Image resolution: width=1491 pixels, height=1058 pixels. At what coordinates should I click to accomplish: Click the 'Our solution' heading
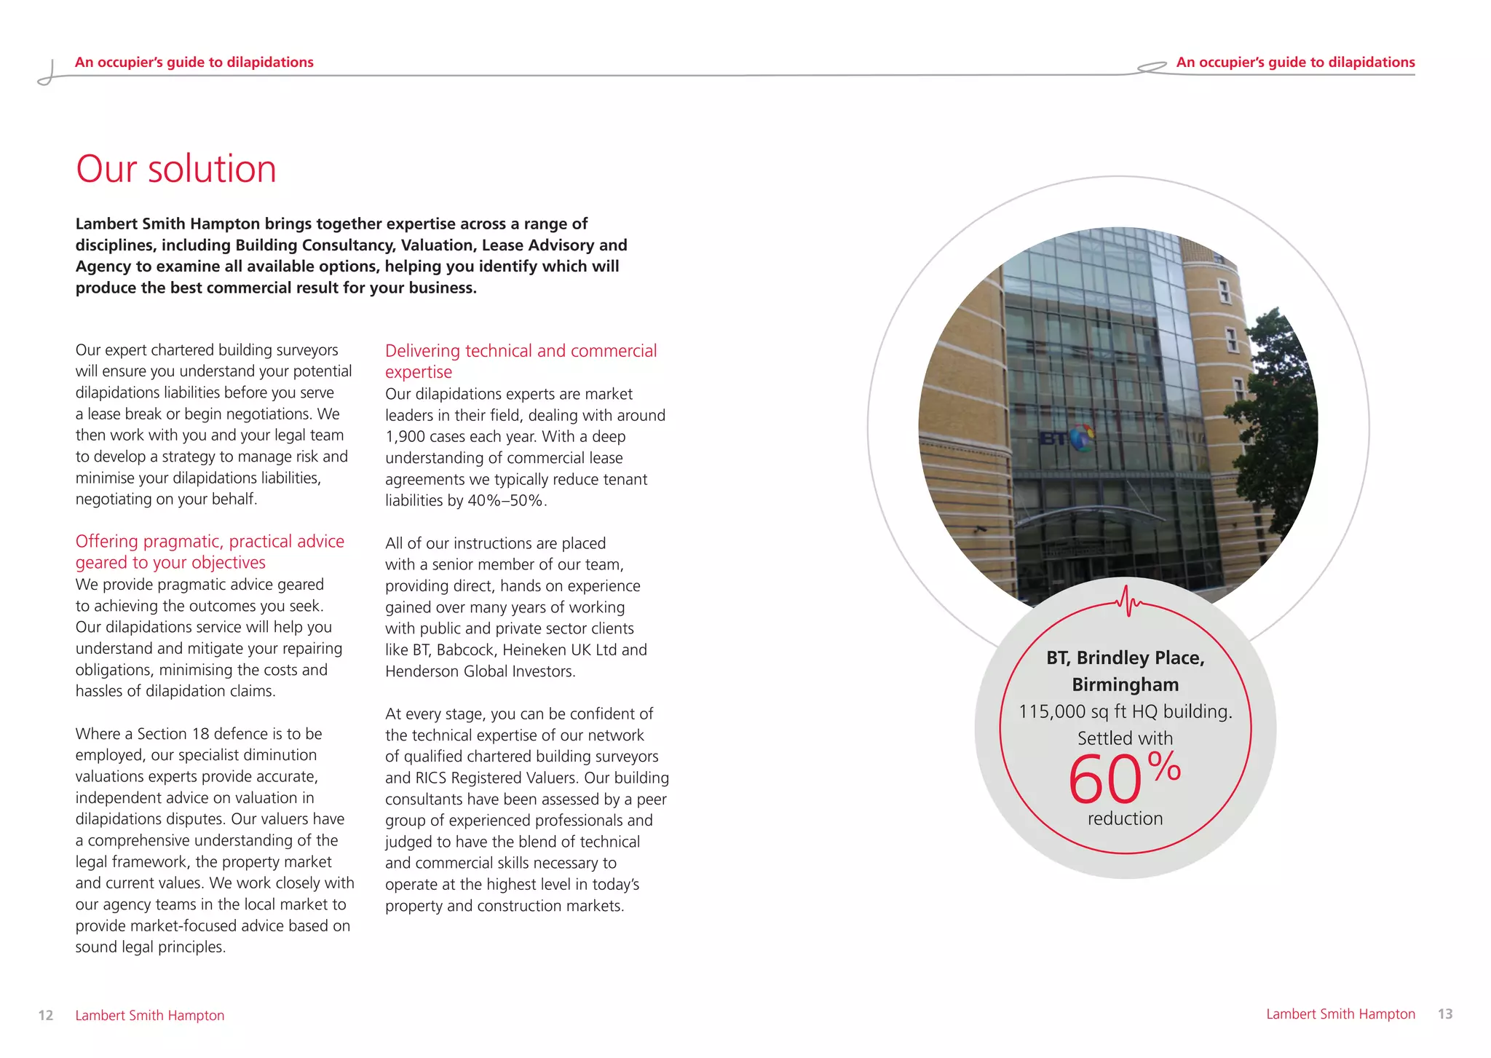pyautogui.click(x=176, y=169)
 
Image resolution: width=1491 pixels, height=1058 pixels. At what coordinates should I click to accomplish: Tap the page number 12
pyautogui.click(x=45, y=1015)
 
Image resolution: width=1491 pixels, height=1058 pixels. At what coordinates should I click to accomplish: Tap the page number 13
pyautogui.click(x=1444, y=1014)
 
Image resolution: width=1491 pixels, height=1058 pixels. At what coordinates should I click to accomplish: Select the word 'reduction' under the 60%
pyautogui.click(x=1125, y=818)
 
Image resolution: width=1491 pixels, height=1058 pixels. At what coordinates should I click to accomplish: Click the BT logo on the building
pyautogui.click(x=1067, y=438)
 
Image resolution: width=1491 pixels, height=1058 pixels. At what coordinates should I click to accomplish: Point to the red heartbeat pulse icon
pyautogui.click(x=1128, y=601)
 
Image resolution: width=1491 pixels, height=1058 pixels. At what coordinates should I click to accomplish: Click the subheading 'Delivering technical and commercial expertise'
pyautogui.click(x=521, y=361)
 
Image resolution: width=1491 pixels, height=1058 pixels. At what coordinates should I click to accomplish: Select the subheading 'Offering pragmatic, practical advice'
pyautogui.click(x=210, y=542)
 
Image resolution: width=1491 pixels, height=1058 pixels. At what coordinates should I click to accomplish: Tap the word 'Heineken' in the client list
pyautogui.click(x=533, y=650)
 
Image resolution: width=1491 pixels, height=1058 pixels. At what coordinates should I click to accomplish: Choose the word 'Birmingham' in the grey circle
pyautogui.click(x=1125, y=684)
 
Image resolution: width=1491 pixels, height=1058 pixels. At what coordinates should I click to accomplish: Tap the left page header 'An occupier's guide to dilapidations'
pyautogui.click(x=194, y=63)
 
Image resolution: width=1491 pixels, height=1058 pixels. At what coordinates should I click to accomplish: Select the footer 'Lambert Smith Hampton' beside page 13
pyautogui.click(x=1340, y=1014)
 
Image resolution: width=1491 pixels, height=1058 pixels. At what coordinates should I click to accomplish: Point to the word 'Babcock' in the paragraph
pyautogui.click(x=465, y=650)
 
